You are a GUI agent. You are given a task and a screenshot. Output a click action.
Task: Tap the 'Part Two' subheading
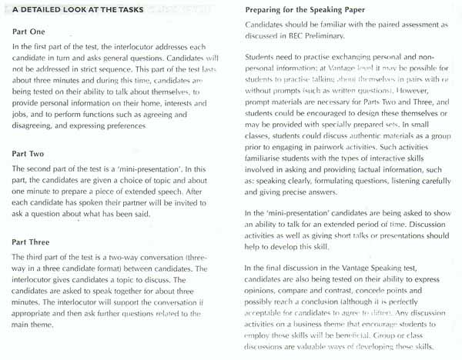(33, 155)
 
